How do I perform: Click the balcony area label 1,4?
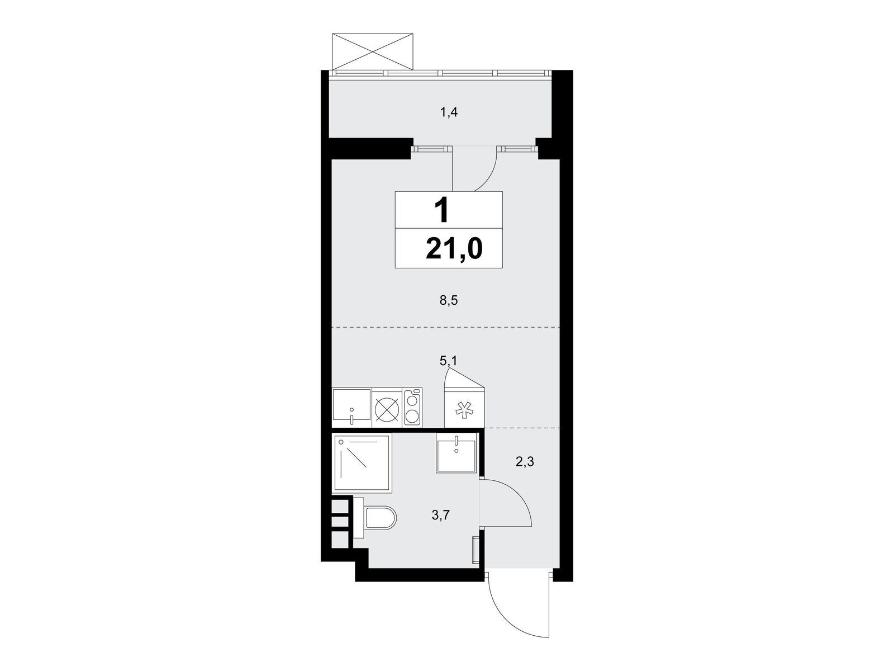coord(449,112)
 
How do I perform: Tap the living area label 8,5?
coord(449,301)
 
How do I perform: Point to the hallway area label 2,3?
coord(525,462)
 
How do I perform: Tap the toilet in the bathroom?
coord(375,518)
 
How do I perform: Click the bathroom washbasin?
coord(456,452)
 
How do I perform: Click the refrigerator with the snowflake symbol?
coord(464,408)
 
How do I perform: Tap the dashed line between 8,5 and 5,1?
coord(445,327)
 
